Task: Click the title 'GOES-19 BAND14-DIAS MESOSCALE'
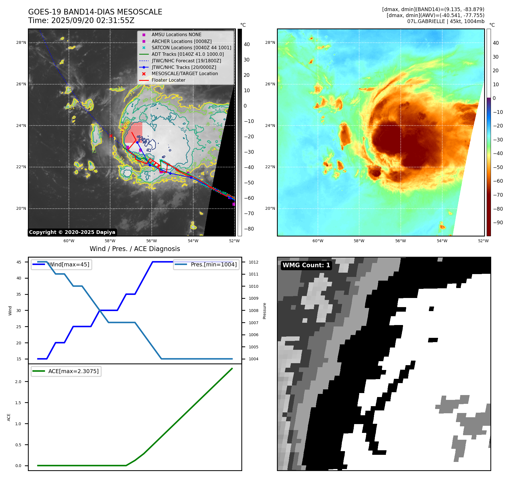tap(95, 12)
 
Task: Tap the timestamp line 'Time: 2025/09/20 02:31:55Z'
tap(81, 20)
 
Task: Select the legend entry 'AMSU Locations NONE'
tap(176, 34)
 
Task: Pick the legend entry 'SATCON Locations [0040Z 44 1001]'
tap(191, 48)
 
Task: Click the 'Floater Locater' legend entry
tap(168, 80)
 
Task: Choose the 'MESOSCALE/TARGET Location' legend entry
tap(184, 74)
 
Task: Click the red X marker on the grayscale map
tap(111, 136)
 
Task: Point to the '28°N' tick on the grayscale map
tap(21, 43)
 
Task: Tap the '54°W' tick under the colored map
tap(442, 241)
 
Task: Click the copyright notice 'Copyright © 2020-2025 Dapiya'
tap(72, 232)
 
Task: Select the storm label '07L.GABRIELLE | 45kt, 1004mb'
tap(445, 21)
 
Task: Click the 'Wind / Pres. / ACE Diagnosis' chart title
tap(135, 249)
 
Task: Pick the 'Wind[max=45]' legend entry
tap(69, 264)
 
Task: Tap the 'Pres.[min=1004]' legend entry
tap(213, 264)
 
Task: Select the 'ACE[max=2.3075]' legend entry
tap(73, 371)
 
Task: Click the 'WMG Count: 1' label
tap(306, 265)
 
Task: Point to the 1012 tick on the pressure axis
tap(253, 262)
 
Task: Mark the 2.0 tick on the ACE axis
tap(18, 382)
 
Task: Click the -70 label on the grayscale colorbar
tap(249, 213)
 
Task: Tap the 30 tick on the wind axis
tap(19, 311)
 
